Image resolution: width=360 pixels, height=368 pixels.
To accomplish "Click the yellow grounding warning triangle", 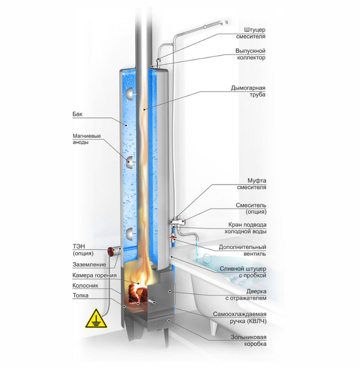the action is tap(96, 320).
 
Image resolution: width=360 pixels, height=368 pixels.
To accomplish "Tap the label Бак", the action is tap(78, 114).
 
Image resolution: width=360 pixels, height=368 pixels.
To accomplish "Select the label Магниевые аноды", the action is tap(87, 139).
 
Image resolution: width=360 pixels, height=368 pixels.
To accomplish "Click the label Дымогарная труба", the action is tap(248, 91).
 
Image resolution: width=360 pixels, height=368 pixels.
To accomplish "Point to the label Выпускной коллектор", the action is tap(250, 54).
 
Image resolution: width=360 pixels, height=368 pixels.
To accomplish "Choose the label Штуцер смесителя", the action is tap(251, 33).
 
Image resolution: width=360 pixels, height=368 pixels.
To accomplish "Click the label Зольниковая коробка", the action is tap(249, 340).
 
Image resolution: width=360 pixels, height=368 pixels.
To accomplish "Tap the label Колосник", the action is tap(85, 286).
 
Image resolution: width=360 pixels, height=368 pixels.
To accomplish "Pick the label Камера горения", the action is tap(94, 275).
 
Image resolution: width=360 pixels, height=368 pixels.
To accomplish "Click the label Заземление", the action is tap(89, 264).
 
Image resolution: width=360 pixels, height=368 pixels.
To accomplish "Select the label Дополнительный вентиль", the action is tap(242, 250).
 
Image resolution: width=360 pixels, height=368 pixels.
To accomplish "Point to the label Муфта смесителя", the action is tap(251, 184).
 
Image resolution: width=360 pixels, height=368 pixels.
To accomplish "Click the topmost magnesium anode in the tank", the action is tap(129, 94).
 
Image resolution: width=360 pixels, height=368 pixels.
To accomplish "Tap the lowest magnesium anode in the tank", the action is tap(129, 234).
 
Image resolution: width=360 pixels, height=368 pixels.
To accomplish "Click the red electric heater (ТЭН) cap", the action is tap(111, 251).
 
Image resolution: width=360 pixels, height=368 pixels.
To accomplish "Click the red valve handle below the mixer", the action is tap(174, 239).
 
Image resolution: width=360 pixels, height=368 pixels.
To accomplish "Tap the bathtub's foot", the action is tap(214, 327).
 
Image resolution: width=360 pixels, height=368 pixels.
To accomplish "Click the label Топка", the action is tap(80, 295).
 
